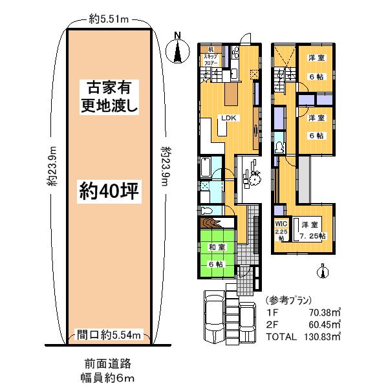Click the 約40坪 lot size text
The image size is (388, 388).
point(110,190)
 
